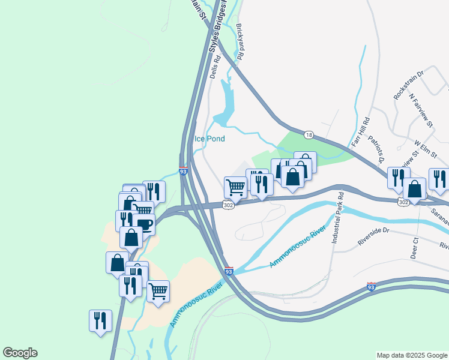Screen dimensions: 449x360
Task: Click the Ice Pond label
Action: pos(209,139)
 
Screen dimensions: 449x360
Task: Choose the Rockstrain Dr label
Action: pos(408,85)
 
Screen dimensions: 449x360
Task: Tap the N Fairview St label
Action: pos(421,110)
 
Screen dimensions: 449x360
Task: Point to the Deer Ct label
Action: pos(414,248)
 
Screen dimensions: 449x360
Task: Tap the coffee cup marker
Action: pos(144,225)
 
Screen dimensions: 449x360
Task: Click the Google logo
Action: pos(20,353)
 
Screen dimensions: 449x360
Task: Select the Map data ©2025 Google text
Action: pos(412,355)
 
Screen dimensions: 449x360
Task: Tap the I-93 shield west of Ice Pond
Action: pos(184,171)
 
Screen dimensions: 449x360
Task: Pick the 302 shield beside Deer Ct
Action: pos(402,204)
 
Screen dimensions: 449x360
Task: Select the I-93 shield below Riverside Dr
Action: pos(372,287)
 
